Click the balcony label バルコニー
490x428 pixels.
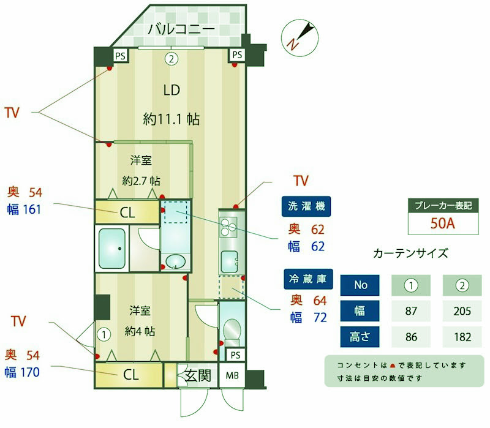coord(181,29)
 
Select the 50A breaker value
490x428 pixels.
coord(442,223)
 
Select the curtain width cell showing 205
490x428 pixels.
coord(463,311)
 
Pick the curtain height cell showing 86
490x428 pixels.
coord(411,336)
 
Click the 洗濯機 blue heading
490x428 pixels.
coord(306,206)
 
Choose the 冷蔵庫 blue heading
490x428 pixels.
coord(307,279)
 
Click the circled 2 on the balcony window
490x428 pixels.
coord(172,59)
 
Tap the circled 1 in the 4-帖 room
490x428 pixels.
coord(105,334)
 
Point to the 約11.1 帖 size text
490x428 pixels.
coord(171,119)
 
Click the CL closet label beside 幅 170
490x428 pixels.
coord(130,375)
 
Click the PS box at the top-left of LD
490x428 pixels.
coord(121,55)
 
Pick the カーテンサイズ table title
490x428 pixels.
coord(410,253)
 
